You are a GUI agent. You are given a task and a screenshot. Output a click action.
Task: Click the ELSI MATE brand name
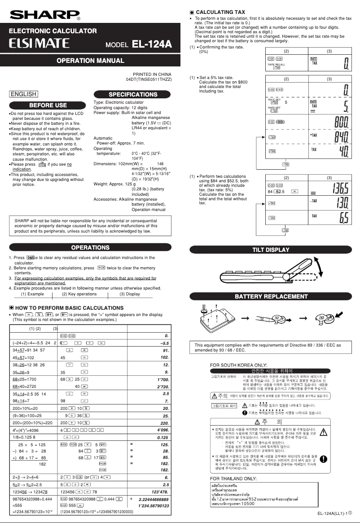pos(40,44)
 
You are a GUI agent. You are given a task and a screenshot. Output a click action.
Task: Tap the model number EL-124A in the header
pos(152,44)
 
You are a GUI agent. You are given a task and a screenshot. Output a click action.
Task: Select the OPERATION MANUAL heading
pos(90,61)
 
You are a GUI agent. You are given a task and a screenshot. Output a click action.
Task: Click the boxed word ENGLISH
pos(23,94)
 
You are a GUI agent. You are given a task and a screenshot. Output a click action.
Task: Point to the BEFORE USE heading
pos(48,105)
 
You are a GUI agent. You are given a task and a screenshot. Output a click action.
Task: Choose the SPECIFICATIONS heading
pos(133,94)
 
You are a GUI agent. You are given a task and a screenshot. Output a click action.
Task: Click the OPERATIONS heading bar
pos(90,247)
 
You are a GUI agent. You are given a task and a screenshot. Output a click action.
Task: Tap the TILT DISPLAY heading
pos(271,250)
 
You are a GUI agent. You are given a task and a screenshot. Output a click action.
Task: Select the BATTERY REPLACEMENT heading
pos(271,296)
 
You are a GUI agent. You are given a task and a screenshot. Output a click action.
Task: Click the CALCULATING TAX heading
pos(220,12)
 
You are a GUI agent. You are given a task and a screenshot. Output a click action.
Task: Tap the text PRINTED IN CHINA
pos(152,74)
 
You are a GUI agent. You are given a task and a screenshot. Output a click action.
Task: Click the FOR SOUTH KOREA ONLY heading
pos(238,365)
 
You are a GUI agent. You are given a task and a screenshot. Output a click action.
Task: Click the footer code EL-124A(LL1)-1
pos(334,514)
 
